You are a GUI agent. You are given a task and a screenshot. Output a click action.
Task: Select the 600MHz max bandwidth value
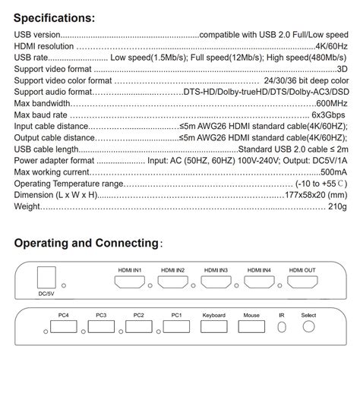[332, 102]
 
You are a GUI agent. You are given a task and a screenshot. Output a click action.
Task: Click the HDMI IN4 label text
[260, 270]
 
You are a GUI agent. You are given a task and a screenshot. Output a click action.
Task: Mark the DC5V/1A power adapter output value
[328, 160]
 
